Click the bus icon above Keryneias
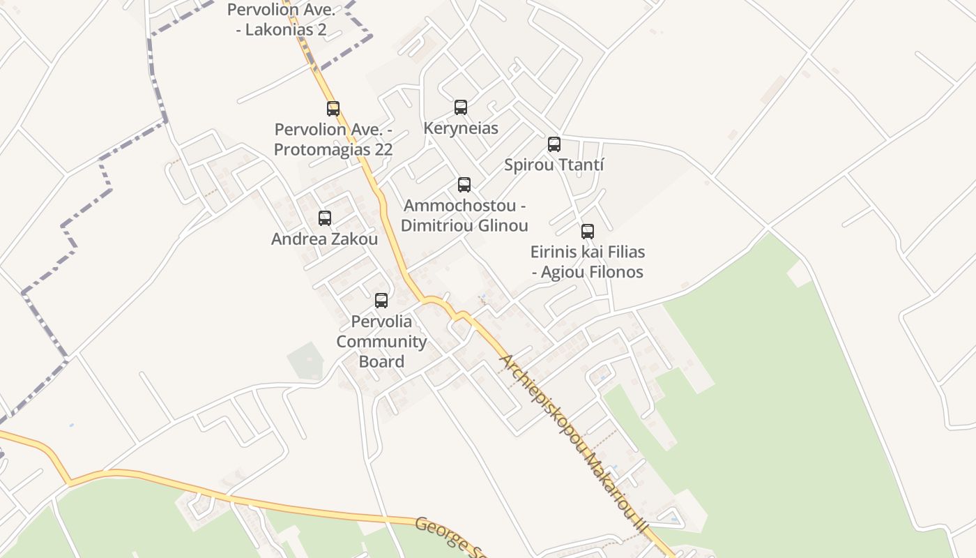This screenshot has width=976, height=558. tap(461, 107)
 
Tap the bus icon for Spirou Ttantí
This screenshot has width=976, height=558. tap(554, 144)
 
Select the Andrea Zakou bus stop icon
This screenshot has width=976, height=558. tap(325, 218)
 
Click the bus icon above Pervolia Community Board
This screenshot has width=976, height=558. tap(381, 301)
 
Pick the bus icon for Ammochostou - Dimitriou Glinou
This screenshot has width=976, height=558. tap(464, 185)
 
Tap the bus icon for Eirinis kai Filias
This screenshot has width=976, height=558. tap(588, 232)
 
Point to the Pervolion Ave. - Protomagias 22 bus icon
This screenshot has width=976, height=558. tap(333, 109)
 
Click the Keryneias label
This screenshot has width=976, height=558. tap(461, 128)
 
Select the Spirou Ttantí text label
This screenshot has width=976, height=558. tap(554, 165)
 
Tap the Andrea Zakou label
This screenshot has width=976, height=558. tap(325, 239)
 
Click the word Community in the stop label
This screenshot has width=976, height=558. tap(381, 342)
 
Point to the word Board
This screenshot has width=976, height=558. tap(381, 361)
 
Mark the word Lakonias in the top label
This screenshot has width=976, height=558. tap(282, 30)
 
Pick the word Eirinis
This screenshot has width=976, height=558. tap(554, 252)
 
